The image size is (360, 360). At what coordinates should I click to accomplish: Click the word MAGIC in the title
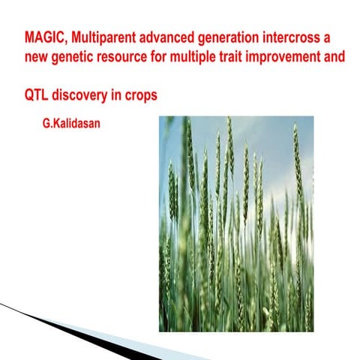tap(43, 37)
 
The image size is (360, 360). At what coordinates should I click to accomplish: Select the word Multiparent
tap(102, 37)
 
